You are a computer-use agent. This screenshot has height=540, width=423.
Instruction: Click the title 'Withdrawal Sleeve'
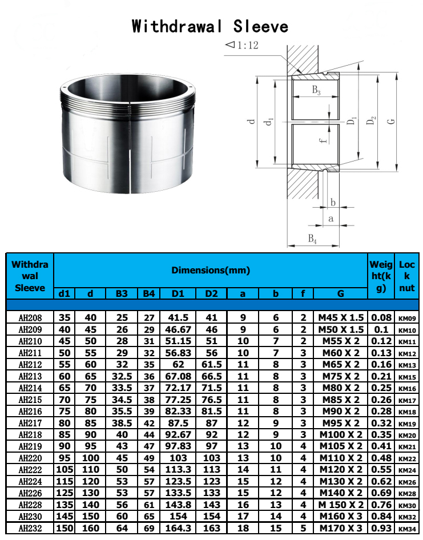[210, 26]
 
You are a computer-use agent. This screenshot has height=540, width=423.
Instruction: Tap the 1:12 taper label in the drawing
[242, 45]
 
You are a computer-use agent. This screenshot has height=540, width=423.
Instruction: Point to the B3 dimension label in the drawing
[316, 90]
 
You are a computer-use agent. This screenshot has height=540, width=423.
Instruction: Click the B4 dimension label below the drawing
[312, 239]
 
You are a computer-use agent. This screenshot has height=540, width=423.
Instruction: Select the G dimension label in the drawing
[390, 122]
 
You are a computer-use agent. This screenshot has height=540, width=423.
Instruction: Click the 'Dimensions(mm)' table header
[211, 270]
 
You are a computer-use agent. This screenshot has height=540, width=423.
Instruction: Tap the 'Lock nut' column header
[407, 276]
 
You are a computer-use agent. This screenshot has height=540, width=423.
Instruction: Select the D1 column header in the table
[178, 293]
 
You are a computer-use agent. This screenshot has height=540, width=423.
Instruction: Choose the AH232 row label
[30, 528]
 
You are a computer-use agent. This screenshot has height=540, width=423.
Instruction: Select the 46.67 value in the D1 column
[178, 329]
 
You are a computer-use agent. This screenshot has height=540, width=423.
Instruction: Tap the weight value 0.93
[381, 528]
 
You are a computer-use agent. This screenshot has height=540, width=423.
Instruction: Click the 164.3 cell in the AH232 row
[178, 528]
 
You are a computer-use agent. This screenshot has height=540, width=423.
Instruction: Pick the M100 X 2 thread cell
[340, 435]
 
